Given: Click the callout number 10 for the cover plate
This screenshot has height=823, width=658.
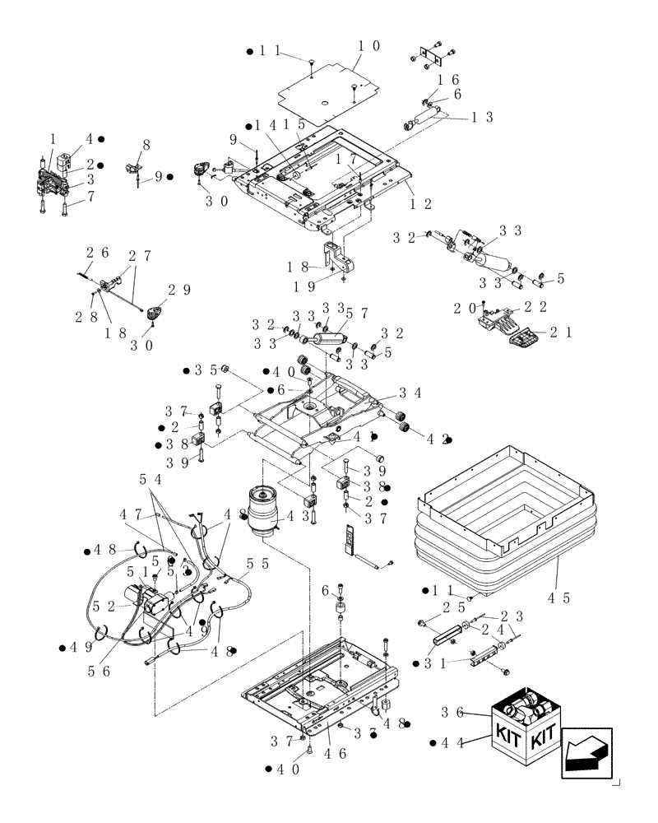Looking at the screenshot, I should [366, 46].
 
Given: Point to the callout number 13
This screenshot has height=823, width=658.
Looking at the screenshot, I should [482, 117].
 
